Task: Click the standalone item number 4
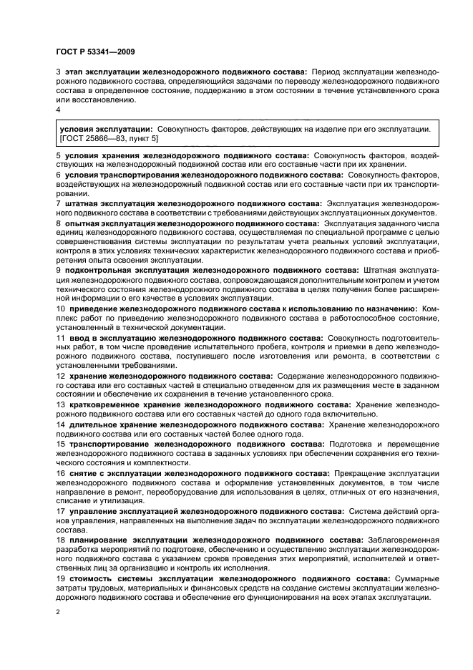58,110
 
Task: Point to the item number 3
58,72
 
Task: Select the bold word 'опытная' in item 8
82,224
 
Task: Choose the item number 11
60,337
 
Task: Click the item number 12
60,375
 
